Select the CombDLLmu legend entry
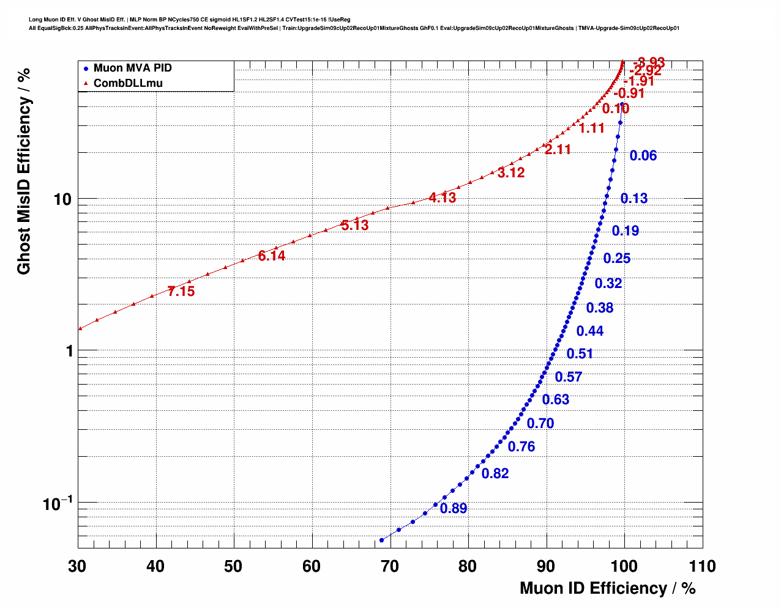click(x=128, y=83)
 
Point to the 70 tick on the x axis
click(x=390, y=566)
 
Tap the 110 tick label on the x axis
click(x=702, y=566)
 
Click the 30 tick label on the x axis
click(x=77, y=566)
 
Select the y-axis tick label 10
click(x=62, y=199)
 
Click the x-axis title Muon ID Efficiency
click(x=607, y=588)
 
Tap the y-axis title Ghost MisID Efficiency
click(x=24, y=171)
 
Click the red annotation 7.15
click(x=181, y=292)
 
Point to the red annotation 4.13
click(x=443, y=198)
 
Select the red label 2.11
click(x=558, y=150)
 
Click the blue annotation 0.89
click(x=454, y=509)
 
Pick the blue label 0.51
click(x=580, y=354)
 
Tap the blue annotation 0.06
click(x=643, y=156)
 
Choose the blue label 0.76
click(x=521, y=447)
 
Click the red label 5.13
click(x=355, y=226)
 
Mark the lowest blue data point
click(x=381, y=540)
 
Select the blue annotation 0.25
click(x=617, y=259)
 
